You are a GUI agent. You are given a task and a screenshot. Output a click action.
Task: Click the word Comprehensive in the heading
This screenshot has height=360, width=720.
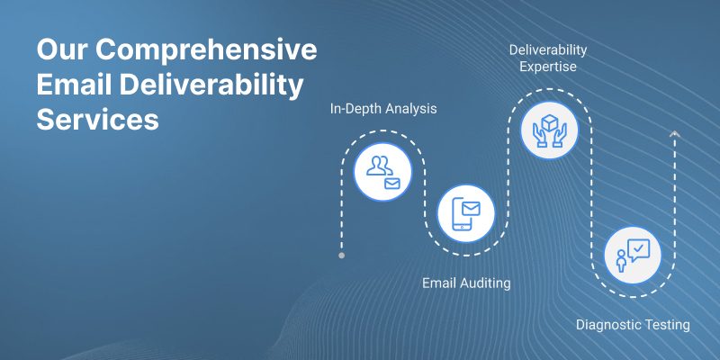(206, 50)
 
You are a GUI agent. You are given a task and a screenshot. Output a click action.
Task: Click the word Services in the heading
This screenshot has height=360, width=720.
(98, 120)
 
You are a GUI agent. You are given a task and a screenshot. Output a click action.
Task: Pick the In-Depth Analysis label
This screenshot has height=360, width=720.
(383, 109)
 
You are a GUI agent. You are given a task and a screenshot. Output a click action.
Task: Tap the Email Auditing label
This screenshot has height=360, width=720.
(466, 283)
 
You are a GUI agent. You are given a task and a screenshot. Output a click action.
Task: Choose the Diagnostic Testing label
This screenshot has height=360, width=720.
(633, 325)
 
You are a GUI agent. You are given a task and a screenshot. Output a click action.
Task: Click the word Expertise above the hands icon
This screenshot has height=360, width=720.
(548, 67)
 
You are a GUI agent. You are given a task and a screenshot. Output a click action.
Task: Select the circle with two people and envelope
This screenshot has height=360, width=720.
(383, 172)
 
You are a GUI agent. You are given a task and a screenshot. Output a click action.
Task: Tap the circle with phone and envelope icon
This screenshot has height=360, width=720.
(466, 213)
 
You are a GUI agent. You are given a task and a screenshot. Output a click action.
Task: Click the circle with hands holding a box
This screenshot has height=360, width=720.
(549, 130)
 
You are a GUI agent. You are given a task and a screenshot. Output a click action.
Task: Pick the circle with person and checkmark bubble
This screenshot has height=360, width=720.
(633, 256)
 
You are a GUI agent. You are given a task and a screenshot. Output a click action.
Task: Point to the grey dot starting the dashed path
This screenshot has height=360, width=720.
(341, 256)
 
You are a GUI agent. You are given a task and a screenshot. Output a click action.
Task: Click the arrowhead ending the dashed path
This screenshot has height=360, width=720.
(674, 133)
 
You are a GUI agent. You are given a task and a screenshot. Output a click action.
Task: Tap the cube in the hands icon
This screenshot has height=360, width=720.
(549, 122)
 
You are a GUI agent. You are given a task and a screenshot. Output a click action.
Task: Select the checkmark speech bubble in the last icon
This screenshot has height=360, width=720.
(638, 250)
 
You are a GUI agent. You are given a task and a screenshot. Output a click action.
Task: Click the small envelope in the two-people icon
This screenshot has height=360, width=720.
(391, 184)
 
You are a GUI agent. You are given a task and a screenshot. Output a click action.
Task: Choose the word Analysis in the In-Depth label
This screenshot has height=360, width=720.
(411, 109)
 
